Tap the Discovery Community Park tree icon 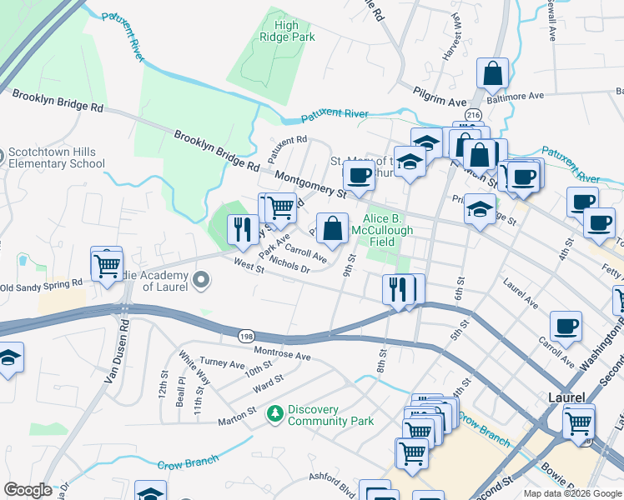click(x=274, y=413)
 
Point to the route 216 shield click(x=474, y=114)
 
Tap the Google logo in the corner click(x=28, y=490)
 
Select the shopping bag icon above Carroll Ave click(x=332, y=228)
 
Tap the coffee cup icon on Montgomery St click(x=360, y=177)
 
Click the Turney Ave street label click(x=221, y=364)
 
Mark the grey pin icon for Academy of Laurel click(x=200, y=281)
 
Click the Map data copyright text click(x=572, y=493)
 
